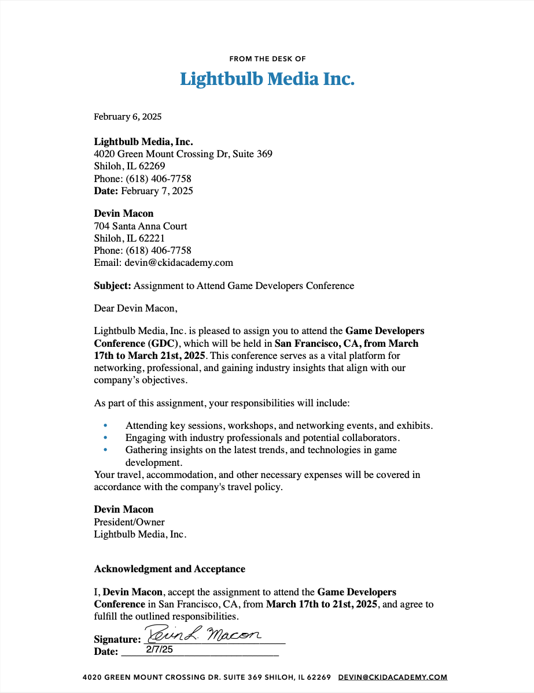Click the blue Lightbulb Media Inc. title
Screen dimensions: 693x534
tap(267, 79)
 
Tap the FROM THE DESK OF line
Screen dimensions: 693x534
tap(267, 58)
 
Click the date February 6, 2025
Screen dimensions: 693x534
tap(128, 117)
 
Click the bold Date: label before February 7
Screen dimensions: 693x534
tap(106, 191)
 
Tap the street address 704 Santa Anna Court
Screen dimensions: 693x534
tap(141, 226)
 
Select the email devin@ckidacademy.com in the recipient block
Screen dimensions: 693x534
tap(178, 262)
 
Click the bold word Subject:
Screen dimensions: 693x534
tap(113, 286)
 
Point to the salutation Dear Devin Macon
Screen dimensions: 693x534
tap(135, 308)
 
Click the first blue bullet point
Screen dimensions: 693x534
tap(105, 425)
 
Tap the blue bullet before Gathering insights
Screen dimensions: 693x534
tap(105, 450)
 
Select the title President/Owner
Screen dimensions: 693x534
tap(129, 522)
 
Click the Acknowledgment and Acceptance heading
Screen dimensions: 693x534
tap(170, 569)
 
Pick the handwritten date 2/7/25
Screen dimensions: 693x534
tap(159, 650)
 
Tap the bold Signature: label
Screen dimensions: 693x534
tap(117, 639)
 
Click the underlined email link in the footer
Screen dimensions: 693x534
tap(393, 677)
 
